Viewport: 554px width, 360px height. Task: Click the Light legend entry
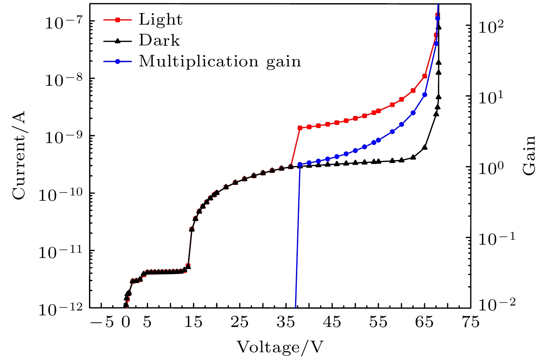[x=160, y=20]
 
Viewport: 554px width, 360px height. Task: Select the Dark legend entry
[x=159, y=40]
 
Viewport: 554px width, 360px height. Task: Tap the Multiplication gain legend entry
[x=219, y=61]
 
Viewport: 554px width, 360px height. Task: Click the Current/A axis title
[x=19, y=155]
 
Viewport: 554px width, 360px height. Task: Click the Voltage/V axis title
[x=280, y=347]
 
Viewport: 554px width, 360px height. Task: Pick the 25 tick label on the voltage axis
[x=240, y=322]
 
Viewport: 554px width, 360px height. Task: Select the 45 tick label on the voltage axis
[x=332, y=322]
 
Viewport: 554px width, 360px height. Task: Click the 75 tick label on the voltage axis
[x=470, y=322]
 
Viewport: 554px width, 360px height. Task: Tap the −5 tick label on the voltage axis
[x=102, y=322]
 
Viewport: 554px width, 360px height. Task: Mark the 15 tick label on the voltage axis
[x=193, y=322]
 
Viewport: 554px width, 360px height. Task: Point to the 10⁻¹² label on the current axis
[x=61, y=309]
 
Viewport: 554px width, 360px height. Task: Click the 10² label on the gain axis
[x=491, y=27]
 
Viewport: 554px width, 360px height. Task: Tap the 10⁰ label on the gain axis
[x=491, y=168]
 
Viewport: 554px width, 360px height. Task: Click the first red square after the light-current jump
[x=300, y=128]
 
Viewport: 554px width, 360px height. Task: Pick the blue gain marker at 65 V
[x=425, y=95]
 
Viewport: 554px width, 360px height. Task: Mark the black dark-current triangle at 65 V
[x=425, y=147]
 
